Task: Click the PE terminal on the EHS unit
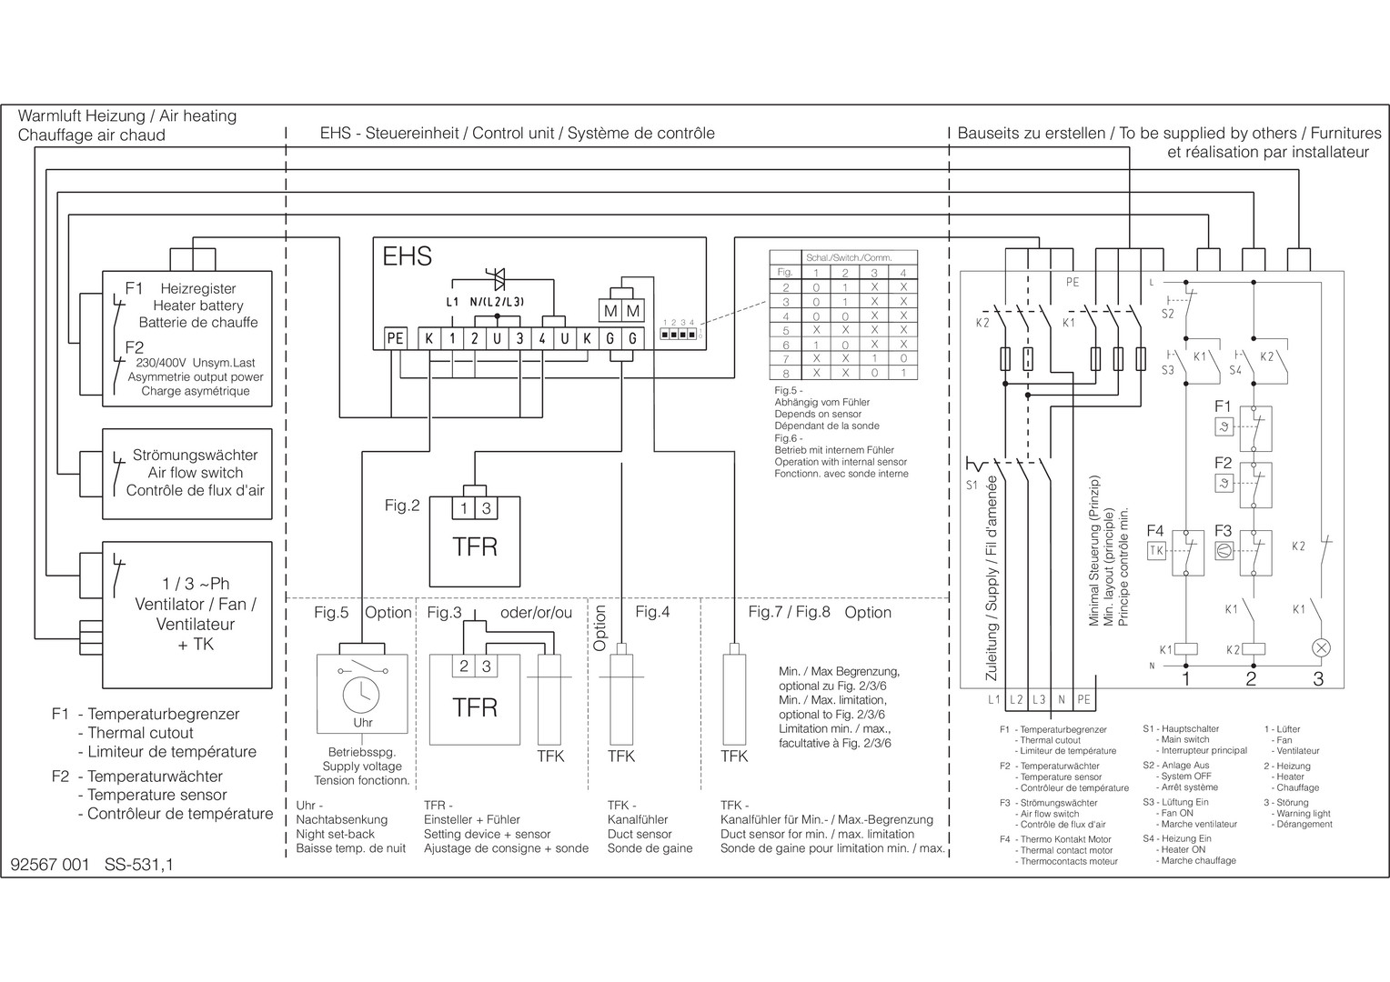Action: (x=396, y=339)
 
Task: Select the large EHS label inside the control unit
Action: (x=407, y=256)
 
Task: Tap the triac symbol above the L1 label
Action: (x=498, y=278)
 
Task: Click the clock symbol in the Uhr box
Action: (x=362, y=696)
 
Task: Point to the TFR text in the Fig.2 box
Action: (x=475, y=546)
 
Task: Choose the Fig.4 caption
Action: (x=652, y=612)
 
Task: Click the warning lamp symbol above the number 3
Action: (x=1321, y=648)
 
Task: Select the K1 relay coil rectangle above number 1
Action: (x=1186, y=649)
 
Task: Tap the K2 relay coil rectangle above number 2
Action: (x=1254, y=649)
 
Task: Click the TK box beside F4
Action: (x=1156, y=551)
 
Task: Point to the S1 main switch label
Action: (x=972, y=486)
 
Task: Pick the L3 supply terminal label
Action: (x=1039, y=700)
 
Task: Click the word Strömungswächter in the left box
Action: (x=195, y=455)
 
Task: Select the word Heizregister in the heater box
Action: (x=198, y=288)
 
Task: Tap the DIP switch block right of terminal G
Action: (x=679, y=335)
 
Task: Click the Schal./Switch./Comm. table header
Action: (x=848, y=257)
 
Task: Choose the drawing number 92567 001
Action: (x=50, y=865)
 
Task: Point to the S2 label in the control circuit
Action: (x=1168, y=314)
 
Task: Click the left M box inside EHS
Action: (x=610, y=311)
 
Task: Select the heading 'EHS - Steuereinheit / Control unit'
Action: (x=437, y=134)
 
